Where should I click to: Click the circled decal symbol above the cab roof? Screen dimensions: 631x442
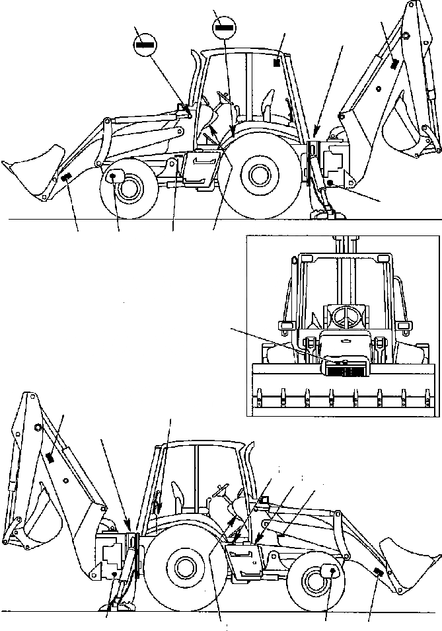223,28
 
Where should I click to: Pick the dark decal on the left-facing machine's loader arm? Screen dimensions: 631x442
66,177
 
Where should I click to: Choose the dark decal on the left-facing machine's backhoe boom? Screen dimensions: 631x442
394,63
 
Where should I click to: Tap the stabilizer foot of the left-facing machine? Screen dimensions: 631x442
325,212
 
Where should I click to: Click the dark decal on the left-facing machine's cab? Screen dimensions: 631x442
277,63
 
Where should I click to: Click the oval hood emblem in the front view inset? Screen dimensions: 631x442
341,341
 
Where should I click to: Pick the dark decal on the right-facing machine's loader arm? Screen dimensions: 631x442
377,572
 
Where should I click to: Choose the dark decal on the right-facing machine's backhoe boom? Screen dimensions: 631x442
50,456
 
